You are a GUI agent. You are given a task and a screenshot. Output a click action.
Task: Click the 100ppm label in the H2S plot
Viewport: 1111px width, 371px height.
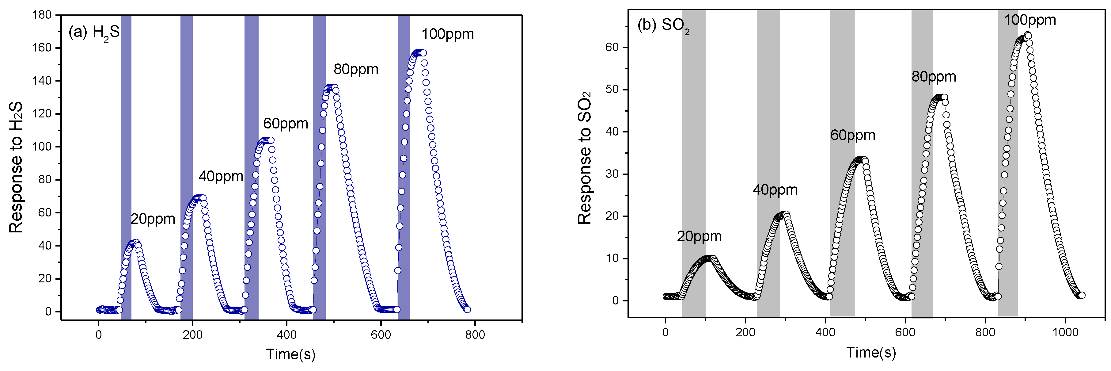447,34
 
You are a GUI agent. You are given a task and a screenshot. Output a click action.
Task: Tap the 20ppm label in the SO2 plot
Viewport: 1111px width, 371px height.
699,236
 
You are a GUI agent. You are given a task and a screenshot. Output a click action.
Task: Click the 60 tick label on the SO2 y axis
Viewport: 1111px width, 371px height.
612,48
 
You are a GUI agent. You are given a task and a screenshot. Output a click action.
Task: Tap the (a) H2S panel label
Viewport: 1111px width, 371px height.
93,33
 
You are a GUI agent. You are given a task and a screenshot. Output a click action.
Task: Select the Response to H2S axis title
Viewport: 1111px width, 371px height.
16,167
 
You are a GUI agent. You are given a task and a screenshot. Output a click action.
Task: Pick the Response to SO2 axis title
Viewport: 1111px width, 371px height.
585,158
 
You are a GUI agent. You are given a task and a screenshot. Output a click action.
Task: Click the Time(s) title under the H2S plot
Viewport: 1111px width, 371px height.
291,354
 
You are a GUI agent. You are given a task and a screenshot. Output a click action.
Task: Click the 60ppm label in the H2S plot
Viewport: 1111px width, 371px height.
286,124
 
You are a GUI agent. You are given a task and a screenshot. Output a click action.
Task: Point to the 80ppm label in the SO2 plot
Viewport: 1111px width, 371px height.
933,77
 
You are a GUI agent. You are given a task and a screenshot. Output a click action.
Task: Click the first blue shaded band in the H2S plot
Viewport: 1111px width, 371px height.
126,167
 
